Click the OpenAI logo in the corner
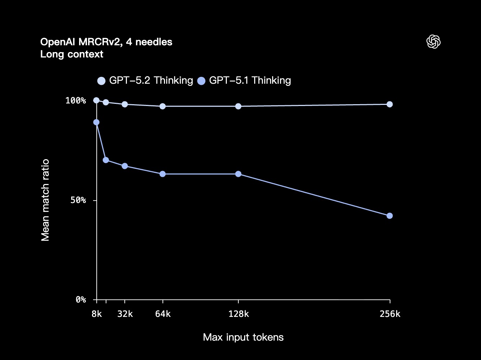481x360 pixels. (x=433, y=42)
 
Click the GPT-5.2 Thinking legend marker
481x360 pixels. (x=101, y=81)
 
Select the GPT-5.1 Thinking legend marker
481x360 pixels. (x=201, y=81)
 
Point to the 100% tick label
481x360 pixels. (x=75, y=100)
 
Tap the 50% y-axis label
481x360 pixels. (x=78, y=200)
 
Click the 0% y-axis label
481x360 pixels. (x=81, y=300)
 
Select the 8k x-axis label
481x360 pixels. (x=96, y=314)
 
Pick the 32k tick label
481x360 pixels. (x=125, y=314)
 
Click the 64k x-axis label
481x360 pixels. (x=162, y=314)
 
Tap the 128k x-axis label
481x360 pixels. (x=238, y=314)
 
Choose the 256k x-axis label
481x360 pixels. (x=390, y=314)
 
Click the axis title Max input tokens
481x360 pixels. (x=243, y=337)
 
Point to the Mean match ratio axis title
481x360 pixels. (x=45, y=200)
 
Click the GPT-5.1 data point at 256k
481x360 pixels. (x=389, y=216)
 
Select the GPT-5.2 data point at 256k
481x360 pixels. (x=389, y=104)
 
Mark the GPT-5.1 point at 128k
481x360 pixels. (x=238, y=174)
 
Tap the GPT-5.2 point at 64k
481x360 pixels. (x=162, y=106)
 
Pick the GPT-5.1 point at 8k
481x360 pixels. (x=96, y=122)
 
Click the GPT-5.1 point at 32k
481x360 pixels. (x=125, y=166)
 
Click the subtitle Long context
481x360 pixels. (x=72, y=54)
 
